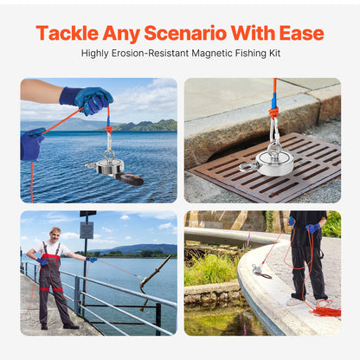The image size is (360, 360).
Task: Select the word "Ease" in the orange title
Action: [x=299, y=34]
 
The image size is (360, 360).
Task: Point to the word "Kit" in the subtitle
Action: [x=270, y=54]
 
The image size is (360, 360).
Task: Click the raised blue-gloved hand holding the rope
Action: [x=90, y=99]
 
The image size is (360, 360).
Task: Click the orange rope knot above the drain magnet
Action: [x=273, y=112]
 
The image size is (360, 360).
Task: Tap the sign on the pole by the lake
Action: [x=87, y=229]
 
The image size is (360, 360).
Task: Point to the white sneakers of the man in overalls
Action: [x=57, y=325]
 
